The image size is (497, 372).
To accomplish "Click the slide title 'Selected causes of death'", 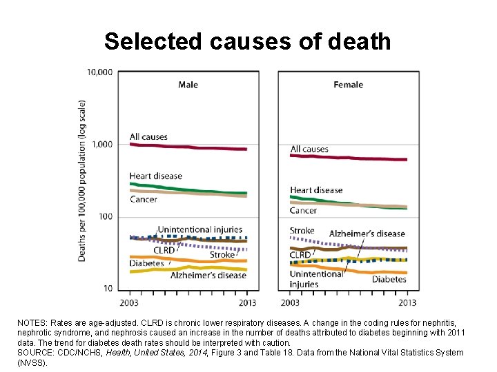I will coord(248,41).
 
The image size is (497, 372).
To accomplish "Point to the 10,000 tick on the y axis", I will coord(100,72).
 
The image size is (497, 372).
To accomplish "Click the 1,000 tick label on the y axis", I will coord(102,144).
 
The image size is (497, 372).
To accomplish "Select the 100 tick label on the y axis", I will coord(106,217).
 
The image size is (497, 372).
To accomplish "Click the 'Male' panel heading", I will coord(188,85).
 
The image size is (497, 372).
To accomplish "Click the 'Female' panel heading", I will coord(348,85).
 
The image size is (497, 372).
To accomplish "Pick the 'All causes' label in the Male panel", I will coord(148,136).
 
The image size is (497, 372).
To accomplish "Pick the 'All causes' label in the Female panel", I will coord(309,149).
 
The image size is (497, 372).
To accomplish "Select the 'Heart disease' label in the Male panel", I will coord(156,176).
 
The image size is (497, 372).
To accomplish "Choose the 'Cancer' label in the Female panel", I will coord(303,210).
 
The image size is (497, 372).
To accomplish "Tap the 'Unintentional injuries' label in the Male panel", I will coord(200,229).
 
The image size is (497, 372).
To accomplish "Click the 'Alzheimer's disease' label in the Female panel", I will coord(367,234).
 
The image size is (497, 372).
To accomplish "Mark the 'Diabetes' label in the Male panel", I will coord(146,263).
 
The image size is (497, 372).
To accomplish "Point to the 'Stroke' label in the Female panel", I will coord(302,231).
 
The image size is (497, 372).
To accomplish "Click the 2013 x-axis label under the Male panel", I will coord(246,302).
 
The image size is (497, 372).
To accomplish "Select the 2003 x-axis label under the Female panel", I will coord(291,302).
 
